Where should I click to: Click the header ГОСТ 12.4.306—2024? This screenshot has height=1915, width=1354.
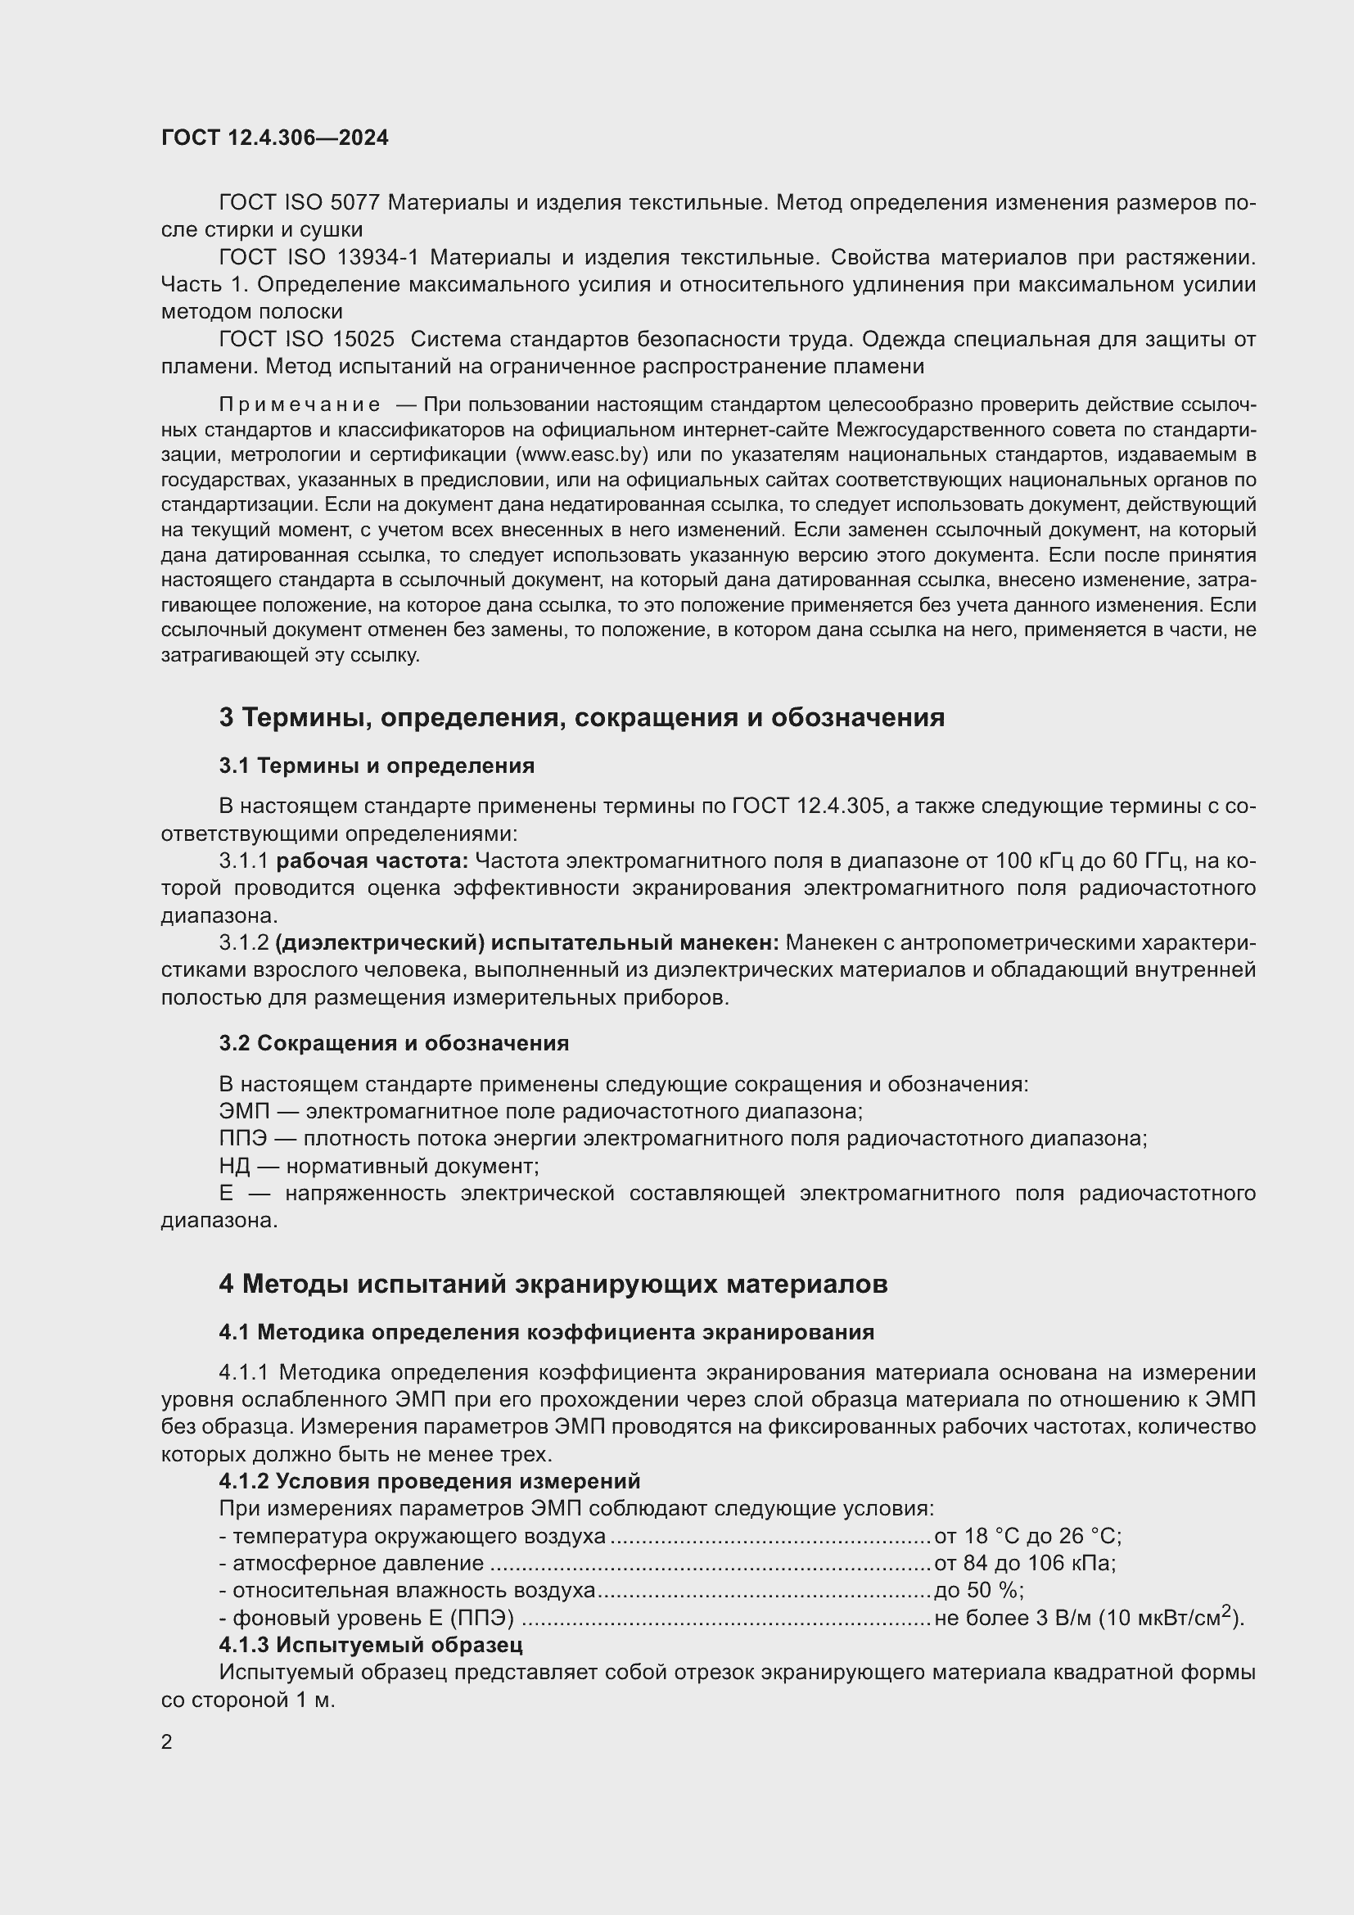(274, 138)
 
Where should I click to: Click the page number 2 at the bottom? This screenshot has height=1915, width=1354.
(167, 1741)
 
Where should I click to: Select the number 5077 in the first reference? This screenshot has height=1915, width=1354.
(355, 203)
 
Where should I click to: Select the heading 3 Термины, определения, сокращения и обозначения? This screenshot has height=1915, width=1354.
(581, 717)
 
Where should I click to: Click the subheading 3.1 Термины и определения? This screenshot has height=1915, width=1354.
(376, 766)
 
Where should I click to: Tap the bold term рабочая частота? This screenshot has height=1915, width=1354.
(372, 861)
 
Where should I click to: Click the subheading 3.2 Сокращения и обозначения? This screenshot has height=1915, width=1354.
(394, 1043)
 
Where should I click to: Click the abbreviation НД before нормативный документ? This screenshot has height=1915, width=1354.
(234, 1166)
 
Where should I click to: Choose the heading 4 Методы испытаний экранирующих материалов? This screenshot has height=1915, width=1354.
(553, 1285)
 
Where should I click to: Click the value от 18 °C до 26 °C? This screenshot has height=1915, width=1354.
(1028, 1536)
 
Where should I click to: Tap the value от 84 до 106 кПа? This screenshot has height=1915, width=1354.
(1025, 1563)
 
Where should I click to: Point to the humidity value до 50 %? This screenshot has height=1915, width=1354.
(979, 1591)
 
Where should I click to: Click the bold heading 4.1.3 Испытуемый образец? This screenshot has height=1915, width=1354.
(370, 1645)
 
